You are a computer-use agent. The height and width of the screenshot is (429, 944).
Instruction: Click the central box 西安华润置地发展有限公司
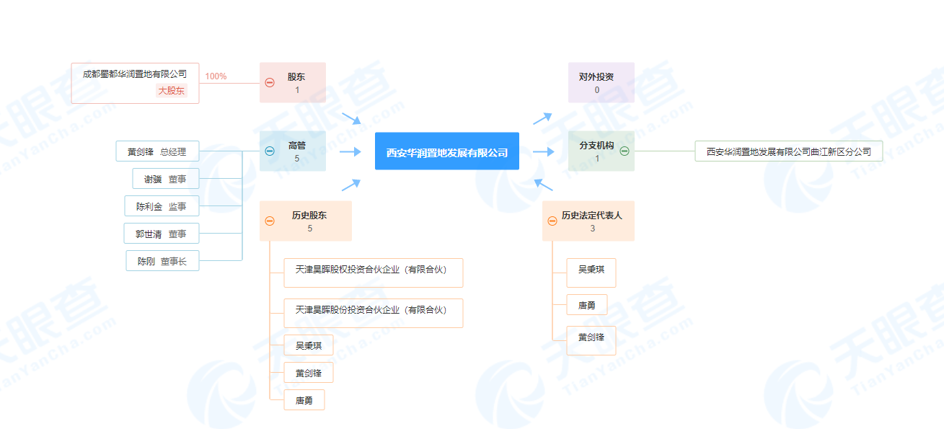point(446,151)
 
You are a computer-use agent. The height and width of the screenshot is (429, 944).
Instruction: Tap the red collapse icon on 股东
point(270,83)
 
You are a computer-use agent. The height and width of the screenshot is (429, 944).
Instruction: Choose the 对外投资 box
point(601,82)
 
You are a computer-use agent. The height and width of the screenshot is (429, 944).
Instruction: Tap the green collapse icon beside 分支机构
point(625,151)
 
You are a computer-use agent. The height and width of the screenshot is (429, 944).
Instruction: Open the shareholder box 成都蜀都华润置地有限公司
point(135,74)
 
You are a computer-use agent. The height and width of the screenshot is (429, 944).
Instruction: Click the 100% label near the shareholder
point(216,76)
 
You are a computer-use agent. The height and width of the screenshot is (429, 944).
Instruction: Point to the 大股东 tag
point(172,91)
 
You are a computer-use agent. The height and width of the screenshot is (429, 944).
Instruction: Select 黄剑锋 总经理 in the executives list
point(157,151)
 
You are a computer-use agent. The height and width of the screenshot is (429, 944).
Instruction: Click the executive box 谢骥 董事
point(166,179)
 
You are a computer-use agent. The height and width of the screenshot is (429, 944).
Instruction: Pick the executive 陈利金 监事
point(162,206)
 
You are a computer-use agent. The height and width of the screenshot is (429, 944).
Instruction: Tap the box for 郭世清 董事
point(161,234)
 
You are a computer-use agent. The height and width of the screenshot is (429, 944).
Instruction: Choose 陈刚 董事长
point(162,261)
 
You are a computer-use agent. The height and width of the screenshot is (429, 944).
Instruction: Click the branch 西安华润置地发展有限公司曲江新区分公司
point(788,151)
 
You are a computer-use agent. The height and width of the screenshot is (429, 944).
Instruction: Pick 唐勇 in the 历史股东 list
point(304,400)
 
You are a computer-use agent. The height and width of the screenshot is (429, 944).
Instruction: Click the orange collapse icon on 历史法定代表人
point(552,221)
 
